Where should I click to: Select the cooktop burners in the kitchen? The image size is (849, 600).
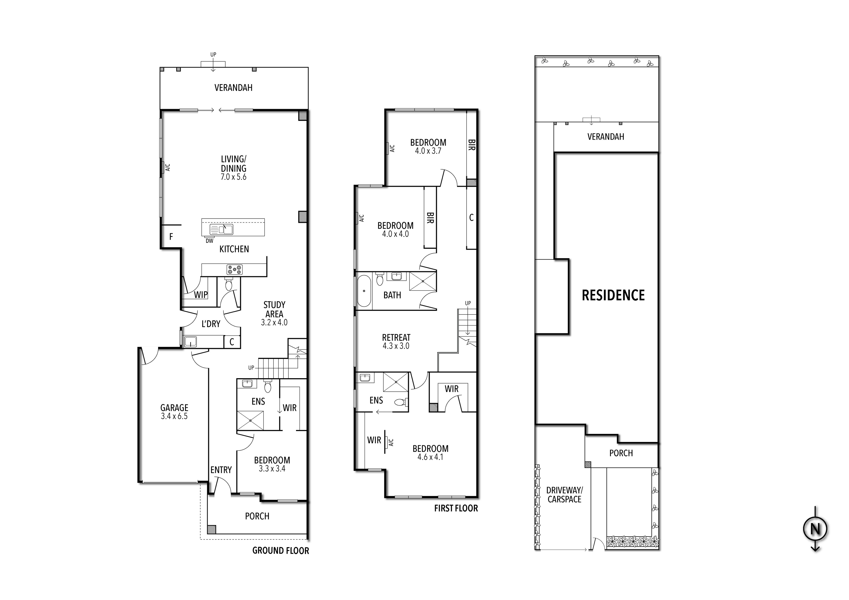coord(234,270)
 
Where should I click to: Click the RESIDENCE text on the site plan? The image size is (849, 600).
coord(613,295)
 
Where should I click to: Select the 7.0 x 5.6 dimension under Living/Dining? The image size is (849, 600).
coord(233,177)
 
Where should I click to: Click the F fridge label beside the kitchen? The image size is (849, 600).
coord(171,237)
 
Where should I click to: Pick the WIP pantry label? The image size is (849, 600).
coord(201,295)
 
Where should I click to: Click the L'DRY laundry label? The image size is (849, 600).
coord(211,324)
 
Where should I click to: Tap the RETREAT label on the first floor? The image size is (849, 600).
coord(396,337)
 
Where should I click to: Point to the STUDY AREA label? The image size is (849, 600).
coord(274,309)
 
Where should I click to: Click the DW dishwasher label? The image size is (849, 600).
coord(209,241)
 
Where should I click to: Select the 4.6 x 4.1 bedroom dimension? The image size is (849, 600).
coord(430,457)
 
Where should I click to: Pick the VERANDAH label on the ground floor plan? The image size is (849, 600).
coord(233,88)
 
